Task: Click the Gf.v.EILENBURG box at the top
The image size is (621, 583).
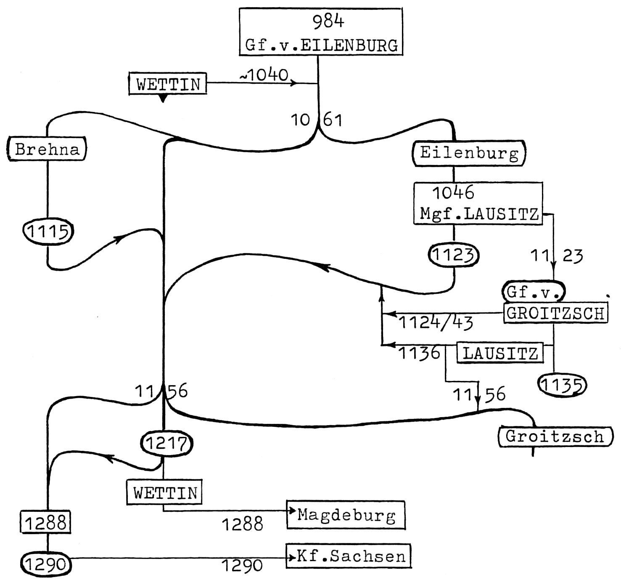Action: pyautogui.click(x=321, y=32)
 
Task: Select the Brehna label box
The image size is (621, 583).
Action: pyautogui.click(x=47, y=149)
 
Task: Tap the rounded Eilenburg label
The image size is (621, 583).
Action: pyautogui.click(x=469, y=152)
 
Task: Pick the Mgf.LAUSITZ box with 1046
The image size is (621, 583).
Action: pyautogui.click(x=478, y=203)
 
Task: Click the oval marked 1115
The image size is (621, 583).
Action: pyautogui.click(x=48, y=231)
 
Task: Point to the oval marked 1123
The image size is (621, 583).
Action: pyautogui.click(x=453, y=255)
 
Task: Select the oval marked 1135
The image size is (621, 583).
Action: pyautogui.click(x=562, y=385)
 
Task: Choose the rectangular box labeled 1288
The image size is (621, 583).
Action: pyautogui.click(x=45, y=522)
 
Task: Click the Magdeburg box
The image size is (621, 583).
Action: pyautogui.click(x=346, y=515)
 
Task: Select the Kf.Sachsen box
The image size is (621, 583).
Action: pyautogui.click(x=348, y=556)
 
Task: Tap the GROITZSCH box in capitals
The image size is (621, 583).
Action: pyautogui.click(x=555, y=313)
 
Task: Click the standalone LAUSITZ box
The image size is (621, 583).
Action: pyautogui.click(x=500, y=353)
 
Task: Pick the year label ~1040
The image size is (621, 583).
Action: pyautogui.click(x=264, y=75)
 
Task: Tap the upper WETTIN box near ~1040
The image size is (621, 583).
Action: pyautogui.click(x=168, y=84)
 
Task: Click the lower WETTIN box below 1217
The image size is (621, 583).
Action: pyautogui.click(x=164, y=492)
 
